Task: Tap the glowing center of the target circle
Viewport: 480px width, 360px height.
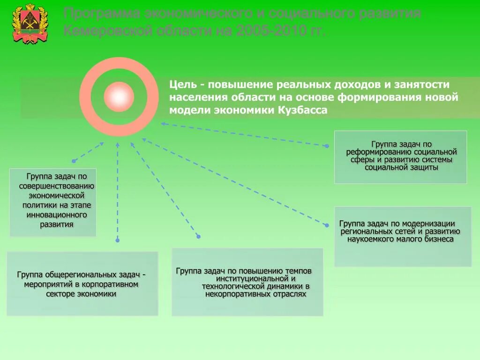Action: [x=119, y=97]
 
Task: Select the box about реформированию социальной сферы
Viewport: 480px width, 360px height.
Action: [x=400, y=157]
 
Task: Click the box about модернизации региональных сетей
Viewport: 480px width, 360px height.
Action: [x=403, y=236]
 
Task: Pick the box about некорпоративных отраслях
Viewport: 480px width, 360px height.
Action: [x=247, y=282]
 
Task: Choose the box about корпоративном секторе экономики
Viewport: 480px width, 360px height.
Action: [x=82, y=284]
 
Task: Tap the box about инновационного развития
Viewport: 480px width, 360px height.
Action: [x=53, y=202]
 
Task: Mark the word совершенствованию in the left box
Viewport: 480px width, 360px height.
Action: [x=57, y=186]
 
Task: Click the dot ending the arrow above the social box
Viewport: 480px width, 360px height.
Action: [x=327, y=146]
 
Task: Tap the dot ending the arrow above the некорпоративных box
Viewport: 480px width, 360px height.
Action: [x=198, y=236]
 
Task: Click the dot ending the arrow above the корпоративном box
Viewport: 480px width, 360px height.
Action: [x=117, y=240]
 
